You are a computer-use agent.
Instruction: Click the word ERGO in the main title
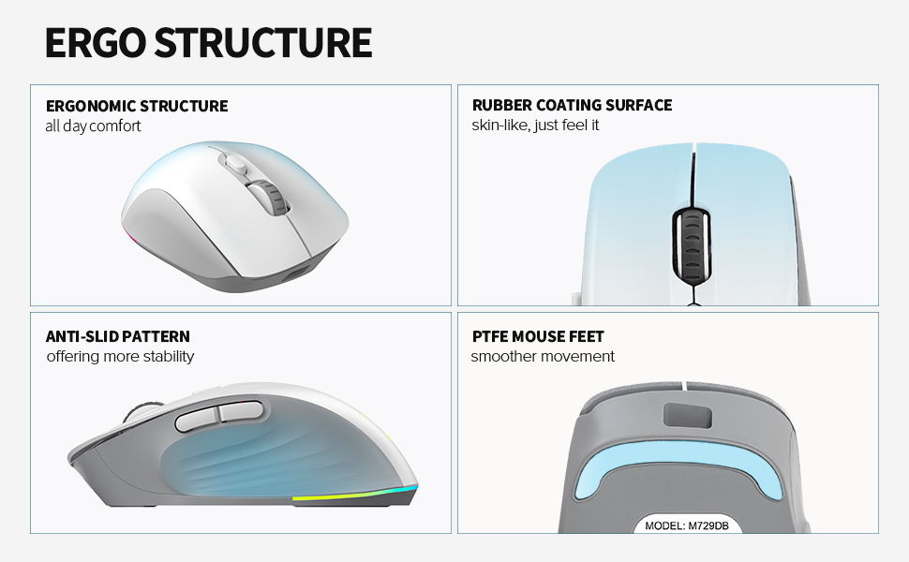pos(95,42)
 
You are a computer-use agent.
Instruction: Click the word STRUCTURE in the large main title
pos(263,42)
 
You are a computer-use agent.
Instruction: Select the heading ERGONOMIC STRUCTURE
pos(137,106)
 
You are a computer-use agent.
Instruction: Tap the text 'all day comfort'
pos(93,126)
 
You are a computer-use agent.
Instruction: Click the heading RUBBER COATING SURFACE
pos(573,105)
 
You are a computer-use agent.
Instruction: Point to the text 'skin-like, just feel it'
pos(535,126)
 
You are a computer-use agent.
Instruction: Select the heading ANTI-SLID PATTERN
pos(118,336)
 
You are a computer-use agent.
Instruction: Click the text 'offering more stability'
pos(120,356)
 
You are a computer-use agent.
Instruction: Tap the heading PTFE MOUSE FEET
pos(538,336)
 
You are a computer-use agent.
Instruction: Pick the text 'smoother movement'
pos(543,356)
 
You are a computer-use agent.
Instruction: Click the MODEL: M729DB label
pos(686,525)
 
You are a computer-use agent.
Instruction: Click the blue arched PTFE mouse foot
pos(679,464)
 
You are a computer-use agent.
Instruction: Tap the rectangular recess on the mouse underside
pos(687,416)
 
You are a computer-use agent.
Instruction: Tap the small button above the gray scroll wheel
pos(235,164)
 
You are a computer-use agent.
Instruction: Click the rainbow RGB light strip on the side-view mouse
pos(355,495)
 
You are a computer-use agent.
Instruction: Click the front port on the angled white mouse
pos(297,275)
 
